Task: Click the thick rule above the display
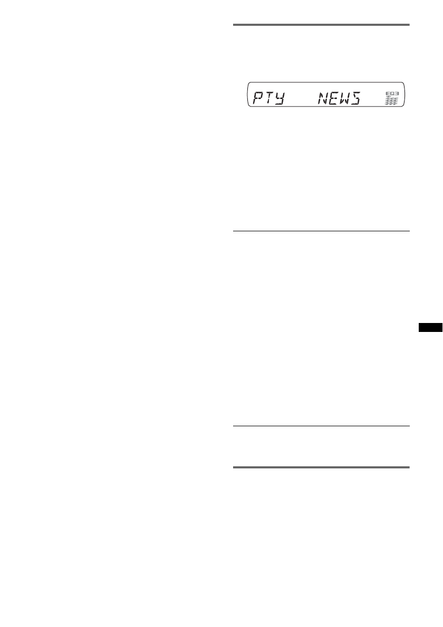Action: (x=321, y=24)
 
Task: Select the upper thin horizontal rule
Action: (x=321, y=230)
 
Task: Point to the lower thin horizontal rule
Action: (x=321, y=426)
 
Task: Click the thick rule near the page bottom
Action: (x=321, y=467)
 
